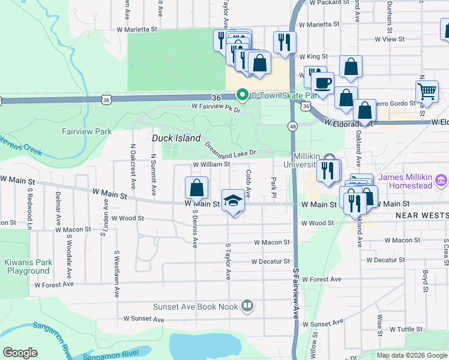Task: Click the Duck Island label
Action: click(176, 138)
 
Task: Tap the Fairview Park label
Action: click(87, 131)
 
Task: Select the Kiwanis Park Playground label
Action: click(28, 266)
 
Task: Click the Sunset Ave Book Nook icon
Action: click(247, 307)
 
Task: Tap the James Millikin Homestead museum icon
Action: click(441, 179)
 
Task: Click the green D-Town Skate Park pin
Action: click(243, 95)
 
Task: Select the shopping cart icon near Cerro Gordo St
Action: click(427, 91)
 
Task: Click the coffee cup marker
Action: click(324, 82)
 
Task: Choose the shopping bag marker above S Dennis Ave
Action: click(196, 188)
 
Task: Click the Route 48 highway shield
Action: click(293, 127)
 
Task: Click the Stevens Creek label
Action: click(20, 146)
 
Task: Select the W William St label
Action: click(211, 164)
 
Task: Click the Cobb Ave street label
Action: click(248, 184)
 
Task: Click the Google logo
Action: click(20, 353)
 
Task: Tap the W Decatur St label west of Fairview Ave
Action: click(270, 262)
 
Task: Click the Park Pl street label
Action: click(274, 189)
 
